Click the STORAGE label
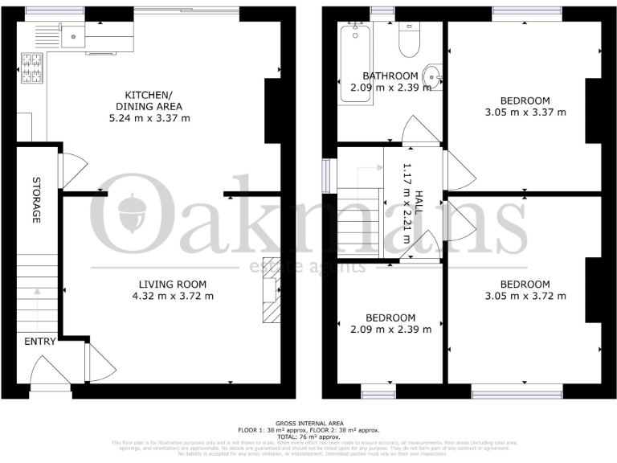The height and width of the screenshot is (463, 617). click(36, 200)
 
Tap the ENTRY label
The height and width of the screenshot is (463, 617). click(39, 342)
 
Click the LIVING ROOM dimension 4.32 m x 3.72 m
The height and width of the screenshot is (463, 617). click(173, 296)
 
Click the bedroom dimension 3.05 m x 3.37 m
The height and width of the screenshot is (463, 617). click(525, 112)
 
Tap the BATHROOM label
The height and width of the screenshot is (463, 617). click(390, 76)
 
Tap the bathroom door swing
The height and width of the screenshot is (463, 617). click(419, 130)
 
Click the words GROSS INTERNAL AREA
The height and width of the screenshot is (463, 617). click(309, 423)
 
